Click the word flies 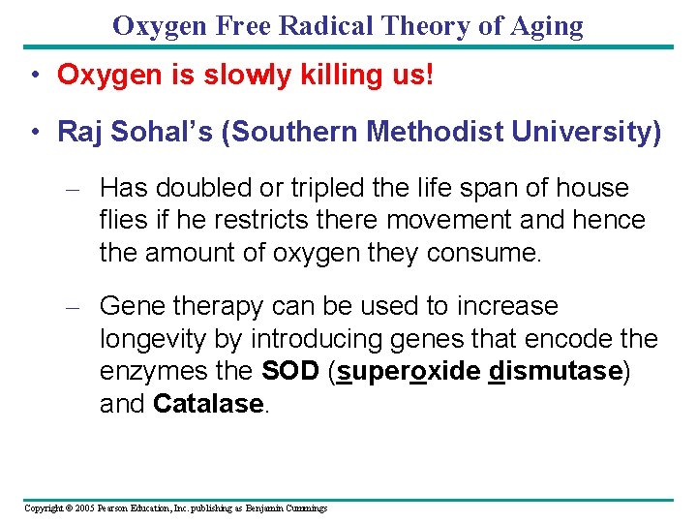point(123,220)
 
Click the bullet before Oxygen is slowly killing point(34,76)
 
